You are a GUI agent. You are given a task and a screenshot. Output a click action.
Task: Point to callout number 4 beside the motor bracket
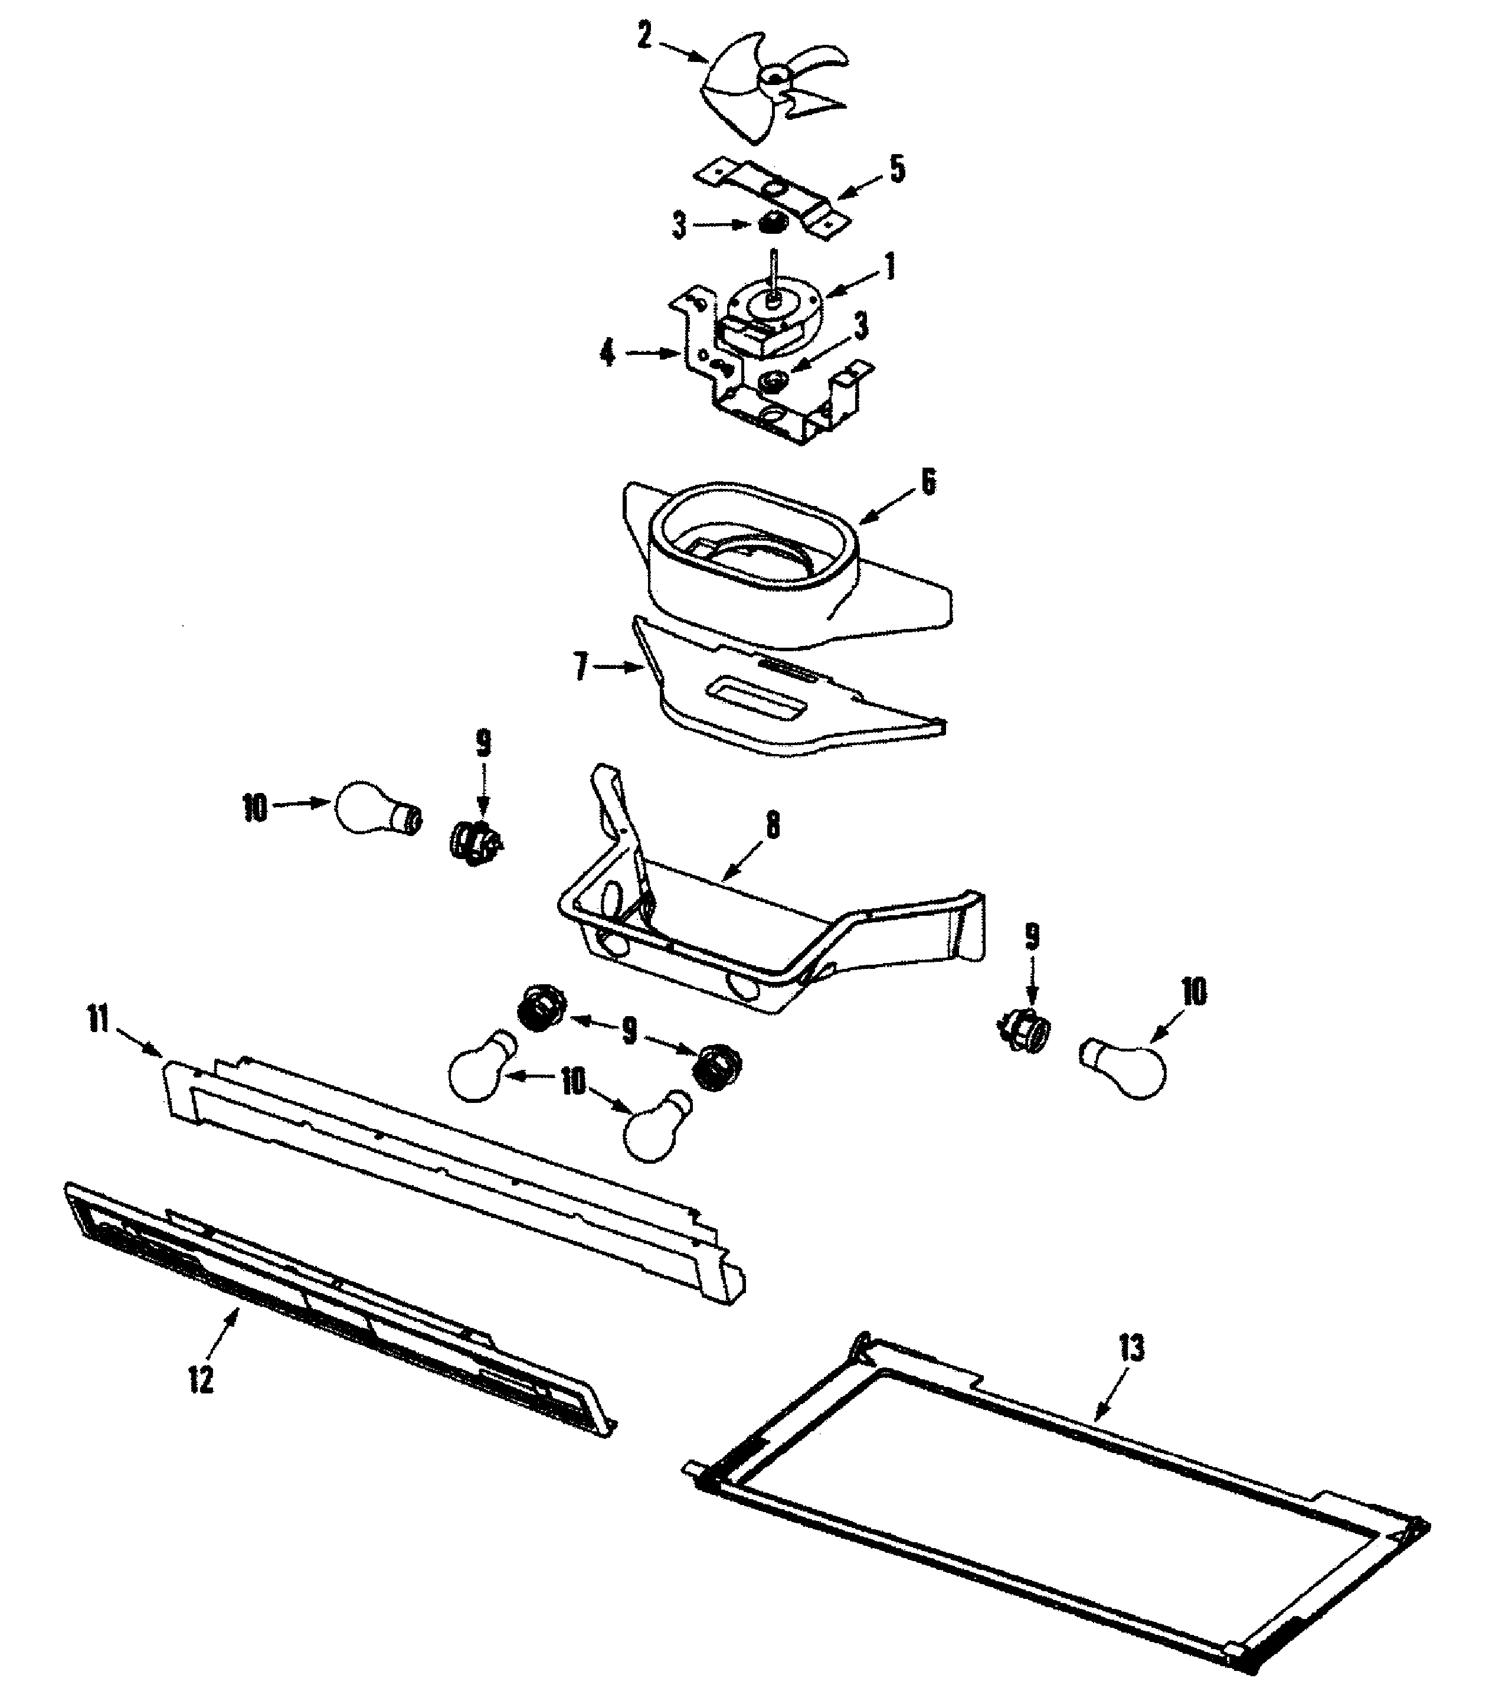608,354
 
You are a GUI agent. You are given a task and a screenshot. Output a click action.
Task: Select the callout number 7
581,667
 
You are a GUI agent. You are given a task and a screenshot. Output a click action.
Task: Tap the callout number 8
773,825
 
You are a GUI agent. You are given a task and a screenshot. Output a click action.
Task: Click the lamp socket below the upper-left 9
474,844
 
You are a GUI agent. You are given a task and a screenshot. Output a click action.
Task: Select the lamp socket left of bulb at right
1025,1029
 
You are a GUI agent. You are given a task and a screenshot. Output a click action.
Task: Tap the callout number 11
99,1021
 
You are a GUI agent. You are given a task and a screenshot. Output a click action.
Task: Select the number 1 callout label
889,267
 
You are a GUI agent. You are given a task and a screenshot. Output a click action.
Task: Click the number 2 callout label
644,37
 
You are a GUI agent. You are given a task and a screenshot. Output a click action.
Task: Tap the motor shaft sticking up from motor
773,269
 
